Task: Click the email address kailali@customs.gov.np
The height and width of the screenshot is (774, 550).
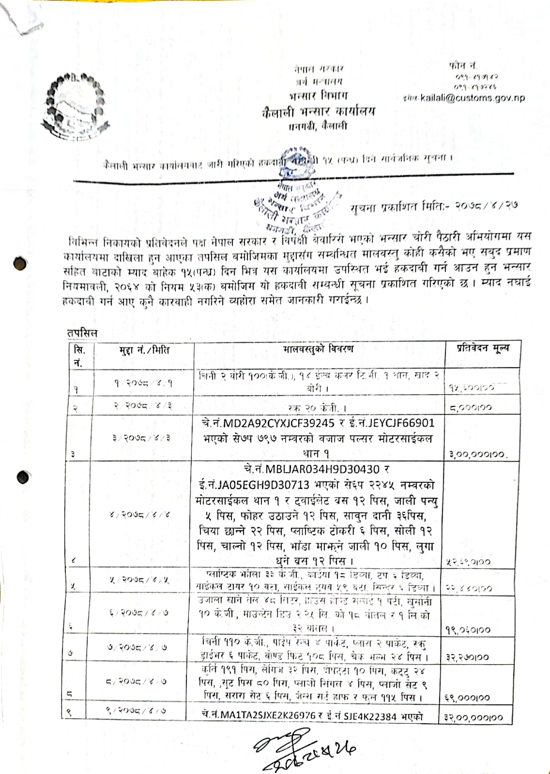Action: (473, 98)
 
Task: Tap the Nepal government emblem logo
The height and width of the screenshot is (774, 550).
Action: (75, 106)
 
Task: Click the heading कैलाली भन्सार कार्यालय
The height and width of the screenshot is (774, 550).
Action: (318, 112)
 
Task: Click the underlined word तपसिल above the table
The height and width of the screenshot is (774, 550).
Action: (82, 333)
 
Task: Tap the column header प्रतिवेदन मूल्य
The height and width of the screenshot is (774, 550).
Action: (483, 348)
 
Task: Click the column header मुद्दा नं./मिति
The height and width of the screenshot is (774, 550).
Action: (144, 350)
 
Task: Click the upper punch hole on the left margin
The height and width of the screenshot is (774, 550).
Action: (20, 264)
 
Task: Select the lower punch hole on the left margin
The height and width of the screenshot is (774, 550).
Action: (23, 477)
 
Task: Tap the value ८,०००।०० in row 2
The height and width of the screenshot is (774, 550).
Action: (470, 408)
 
